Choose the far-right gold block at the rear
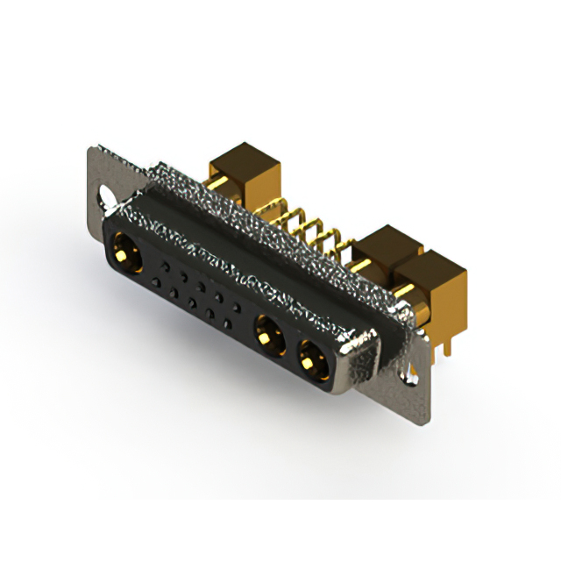point(434,280)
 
